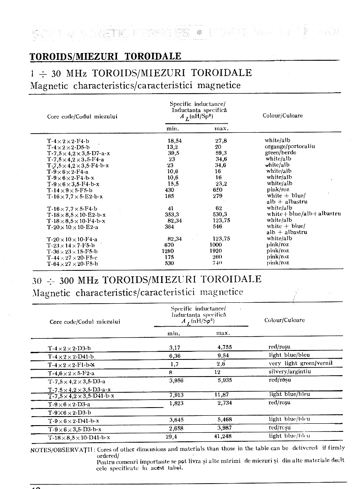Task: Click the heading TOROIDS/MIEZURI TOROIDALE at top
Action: pos(105,56)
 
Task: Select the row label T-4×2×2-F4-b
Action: pos(68,141)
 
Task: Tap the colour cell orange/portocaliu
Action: pos(290,147)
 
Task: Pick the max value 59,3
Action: pos(221,153)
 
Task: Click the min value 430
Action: pos(171,190)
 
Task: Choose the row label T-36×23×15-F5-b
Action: pos(72,251)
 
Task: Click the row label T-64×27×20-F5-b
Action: pos(72,263)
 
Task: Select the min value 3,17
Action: pos(174,348)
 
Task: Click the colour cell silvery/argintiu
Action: pos(290,372)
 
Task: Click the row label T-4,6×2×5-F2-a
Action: pos(71,373)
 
